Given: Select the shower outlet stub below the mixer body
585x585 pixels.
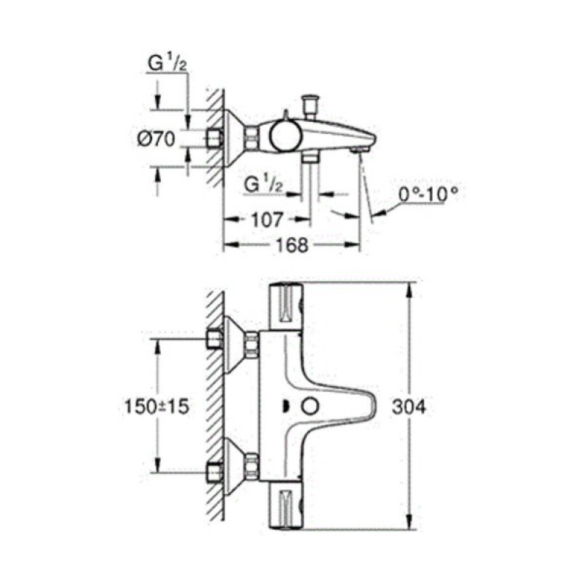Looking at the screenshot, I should [x=310, y=156].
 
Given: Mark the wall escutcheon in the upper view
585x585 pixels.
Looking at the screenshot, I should [x=235, y=136].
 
